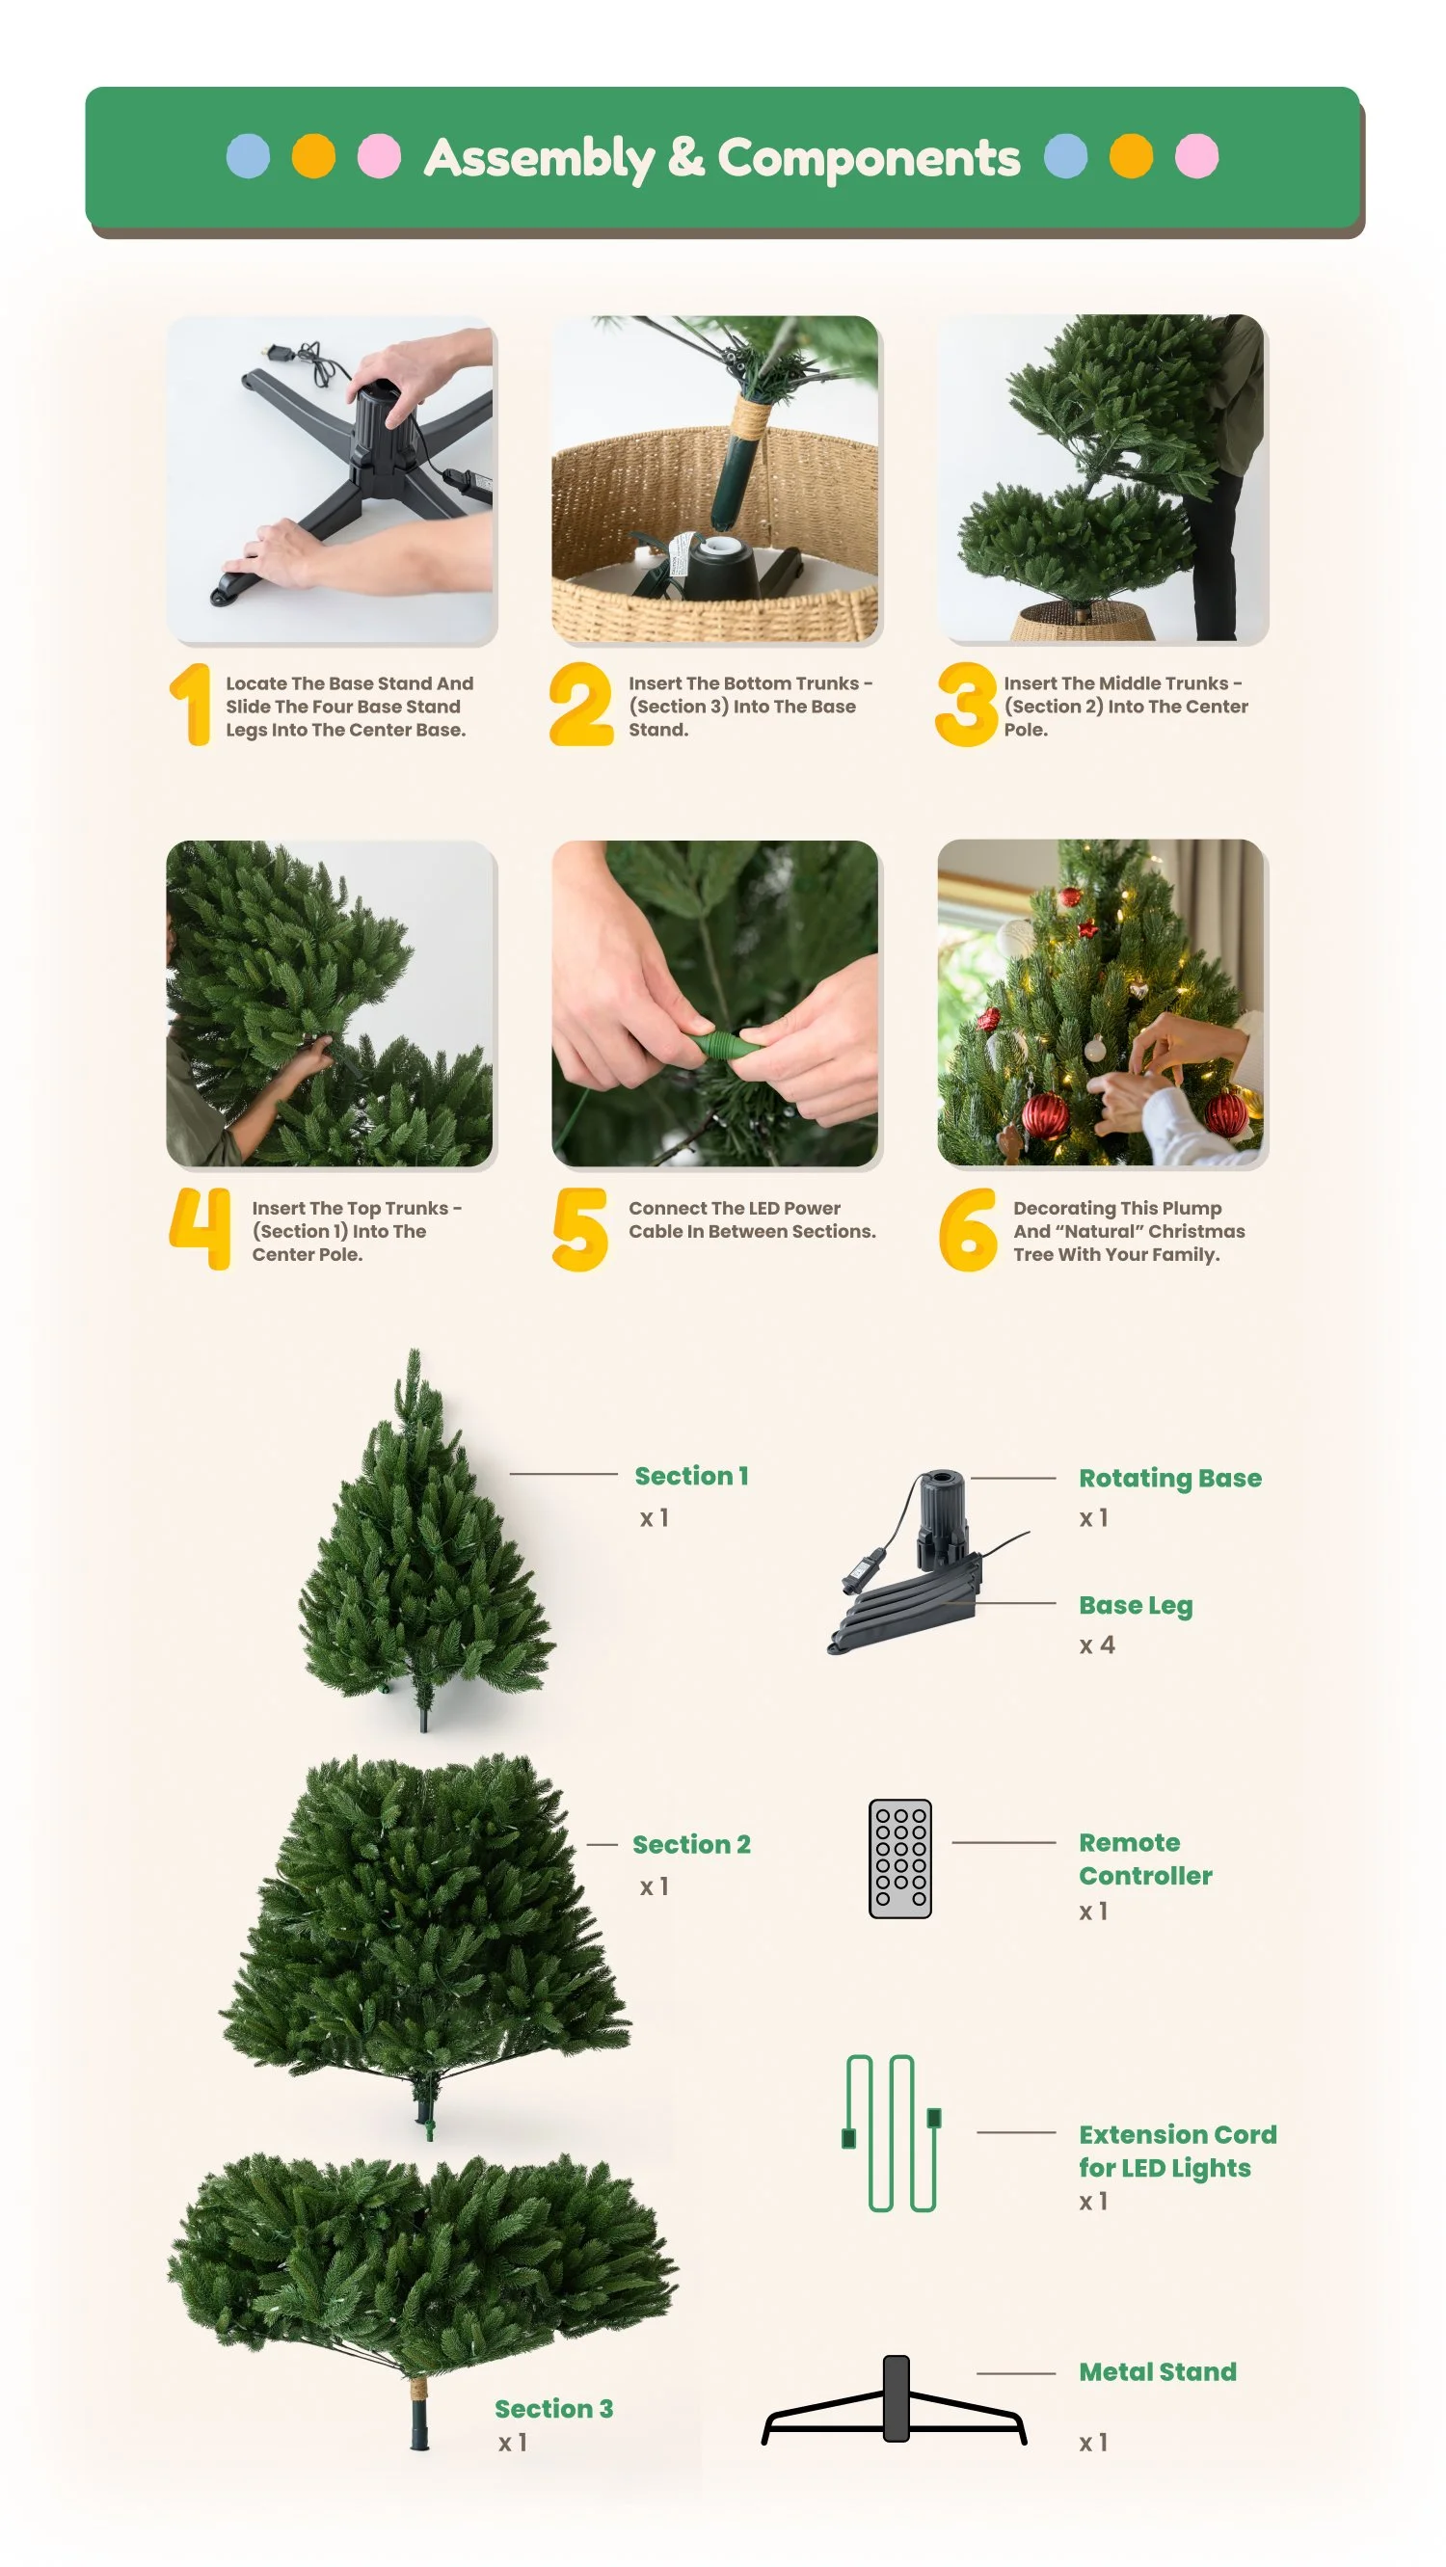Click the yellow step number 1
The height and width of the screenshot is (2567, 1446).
(x=191, y=705)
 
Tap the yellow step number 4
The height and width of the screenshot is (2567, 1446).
(x=201, y=1228)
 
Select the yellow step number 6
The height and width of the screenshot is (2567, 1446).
(x=968, y=1230)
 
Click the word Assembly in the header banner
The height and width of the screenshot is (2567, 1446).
(x=539, y=158)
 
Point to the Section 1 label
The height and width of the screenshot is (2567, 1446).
(x=691, y=1476)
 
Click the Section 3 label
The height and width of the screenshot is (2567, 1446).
(x=554, y=2409)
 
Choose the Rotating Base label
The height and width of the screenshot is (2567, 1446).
(x=1170, y=1479)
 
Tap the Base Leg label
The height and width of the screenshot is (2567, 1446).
(x=1136, y=1606)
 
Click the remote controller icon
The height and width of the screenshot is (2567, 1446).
(x=899, y=1858)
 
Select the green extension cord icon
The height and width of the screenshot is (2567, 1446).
(x=892, y=2132)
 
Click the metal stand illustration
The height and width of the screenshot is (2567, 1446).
(x=895, y=2400)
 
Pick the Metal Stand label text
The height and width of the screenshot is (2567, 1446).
(x=1158, y=2372)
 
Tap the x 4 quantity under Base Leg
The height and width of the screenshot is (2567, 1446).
(x=1097, y=1645)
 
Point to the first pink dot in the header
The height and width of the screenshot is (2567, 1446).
(x=380, y=156)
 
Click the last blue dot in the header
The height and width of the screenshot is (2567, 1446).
(x=1065, y=156)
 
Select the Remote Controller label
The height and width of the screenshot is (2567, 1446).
(x=1146, y=1859)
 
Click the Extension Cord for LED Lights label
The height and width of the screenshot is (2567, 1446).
(x=1178, y=2152)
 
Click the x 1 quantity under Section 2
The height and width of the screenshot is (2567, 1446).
(x=655, y=1887)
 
